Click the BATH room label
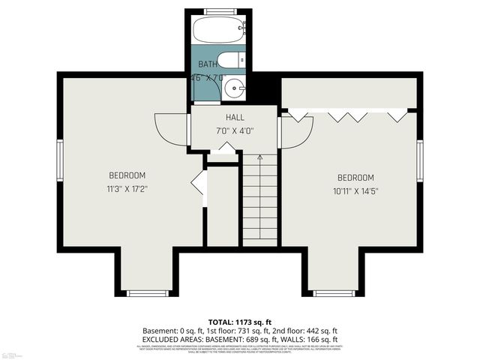point(208,64)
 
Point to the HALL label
point(235,118)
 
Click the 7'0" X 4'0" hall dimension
point(235,130)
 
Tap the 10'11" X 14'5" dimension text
point(355,190)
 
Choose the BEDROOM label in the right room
point(355,178)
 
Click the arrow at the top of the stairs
point(259,158)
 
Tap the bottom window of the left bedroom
point(148,293)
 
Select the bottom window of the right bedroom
point(334,293)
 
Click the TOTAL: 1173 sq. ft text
point(240,321)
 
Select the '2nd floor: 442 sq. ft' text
point(302,331)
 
